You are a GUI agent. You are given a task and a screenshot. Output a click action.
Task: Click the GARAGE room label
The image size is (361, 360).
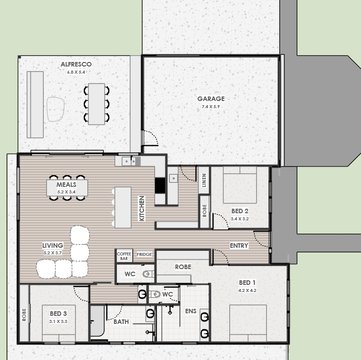(x=211, y=99)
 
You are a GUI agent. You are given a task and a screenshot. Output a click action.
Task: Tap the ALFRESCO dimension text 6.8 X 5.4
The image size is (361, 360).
(x=76, y=72)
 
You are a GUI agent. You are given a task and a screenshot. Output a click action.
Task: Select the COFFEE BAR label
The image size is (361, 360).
(x=124, y=256)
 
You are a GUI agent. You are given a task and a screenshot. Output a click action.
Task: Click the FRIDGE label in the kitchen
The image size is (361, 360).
(x=144, y=254)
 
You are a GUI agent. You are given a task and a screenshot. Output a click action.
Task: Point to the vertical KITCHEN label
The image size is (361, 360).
(x=142, y=208)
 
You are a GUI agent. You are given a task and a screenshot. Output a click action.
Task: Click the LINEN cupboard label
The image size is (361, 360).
(x=204, y=180)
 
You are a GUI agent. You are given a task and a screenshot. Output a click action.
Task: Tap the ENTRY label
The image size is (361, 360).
(x=239, y=246)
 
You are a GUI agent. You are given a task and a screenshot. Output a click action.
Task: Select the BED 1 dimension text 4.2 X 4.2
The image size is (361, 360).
(x=247, y=290)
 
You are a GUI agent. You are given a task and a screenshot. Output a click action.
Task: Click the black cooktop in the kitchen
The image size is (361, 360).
(x=160, y=185)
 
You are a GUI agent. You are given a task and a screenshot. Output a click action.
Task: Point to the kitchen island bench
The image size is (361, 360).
(x=123, y=207)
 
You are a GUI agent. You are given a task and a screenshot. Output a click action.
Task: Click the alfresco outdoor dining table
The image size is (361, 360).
(x=97, y=104)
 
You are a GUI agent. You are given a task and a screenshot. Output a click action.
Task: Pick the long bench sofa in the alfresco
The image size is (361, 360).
(x=35, y=105)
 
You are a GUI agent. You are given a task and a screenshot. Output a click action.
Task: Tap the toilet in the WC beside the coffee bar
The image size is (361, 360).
(x=148, y=274)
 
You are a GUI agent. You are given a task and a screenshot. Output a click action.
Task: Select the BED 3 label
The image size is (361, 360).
(x=58, y=314)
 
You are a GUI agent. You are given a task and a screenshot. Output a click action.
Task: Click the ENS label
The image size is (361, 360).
(x=191, y=311)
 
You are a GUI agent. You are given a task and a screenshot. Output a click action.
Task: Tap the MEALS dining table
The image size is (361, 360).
(x=67, y=188)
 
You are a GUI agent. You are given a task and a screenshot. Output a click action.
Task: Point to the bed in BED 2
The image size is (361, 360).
(x=240, y=185)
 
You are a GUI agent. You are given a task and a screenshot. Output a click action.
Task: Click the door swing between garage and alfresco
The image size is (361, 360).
(x=149, y=138)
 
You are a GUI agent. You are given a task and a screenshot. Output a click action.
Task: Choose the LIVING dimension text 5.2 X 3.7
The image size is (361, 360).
(x=53, y=253)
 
